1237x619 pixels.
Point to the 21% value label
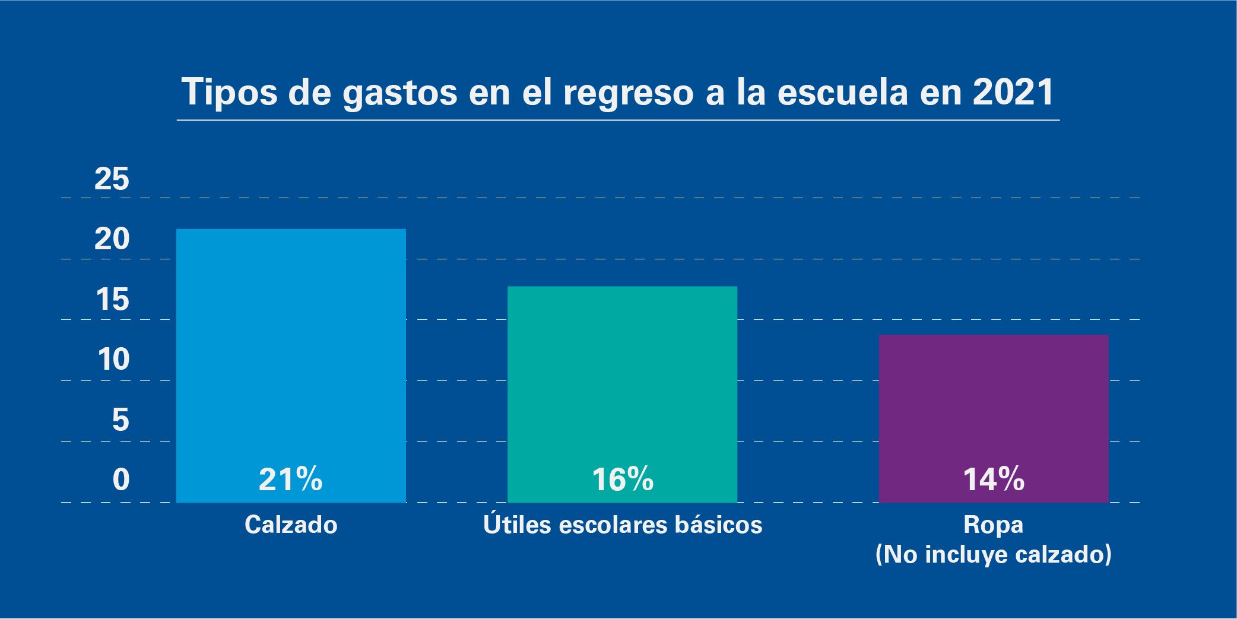click(291, 480)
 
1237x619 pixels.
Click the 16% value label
click(623, 480)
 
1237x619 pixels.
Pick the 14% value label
click(994, 480)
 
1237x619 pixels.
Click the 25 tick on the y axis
click(112, 179)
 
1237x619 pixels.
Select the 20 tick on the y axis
click(112, 239)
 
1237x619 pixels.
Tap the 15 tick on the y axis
click(112, 300)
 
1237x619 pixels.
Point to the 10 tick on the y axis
click(113, 360)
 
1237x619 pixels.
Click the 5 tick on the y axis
click(120, 420)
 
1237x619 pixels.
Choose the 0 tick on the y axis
click(120, 480)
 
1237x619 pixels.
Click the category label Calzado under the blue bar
click(291, 525)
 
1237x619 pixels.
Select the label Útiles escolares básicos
click(623, 525)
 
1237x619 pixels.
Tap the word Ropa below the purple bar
click(994, 525)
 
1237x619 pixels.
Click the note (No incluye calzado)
click(994, 554)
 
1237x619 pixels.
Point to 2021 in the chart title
click(1013, 92)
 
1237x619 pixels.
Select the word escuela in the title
click(842, 92)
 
